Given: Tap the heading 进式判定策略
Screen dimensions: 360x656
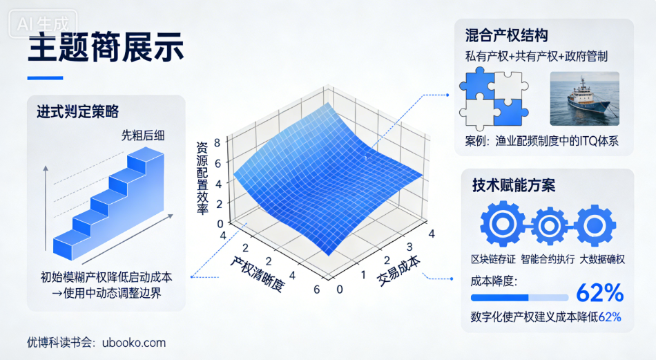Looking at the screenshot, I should pos(77,112).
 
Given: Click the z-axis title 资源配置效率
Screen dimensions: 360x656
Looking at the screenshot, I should pos(202,178).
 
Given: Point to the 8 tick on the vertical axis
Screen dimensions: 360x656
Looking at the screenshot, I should pos(218,144).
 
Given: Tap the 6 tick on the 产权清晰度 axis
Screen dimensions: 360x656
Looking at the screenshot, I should pos(317,289).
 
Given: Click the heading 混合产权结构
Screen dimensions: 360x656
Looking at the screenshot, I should pos(507,35).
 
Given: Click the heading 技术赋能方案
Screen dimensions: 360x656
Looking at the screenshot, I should pos(514,185).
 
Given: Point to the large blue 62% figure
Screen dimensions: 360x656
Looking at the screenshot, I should pos(599,294).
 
